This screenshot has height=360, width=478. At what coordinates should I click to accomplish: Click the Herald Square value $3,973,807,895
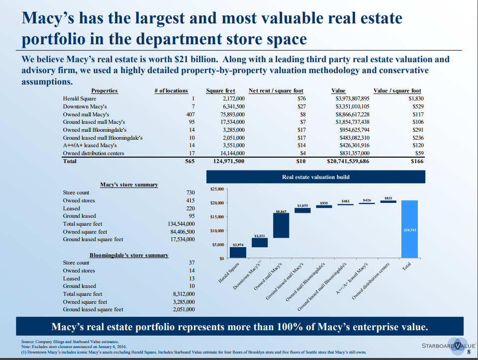pyautogui.click(x=353, y=98)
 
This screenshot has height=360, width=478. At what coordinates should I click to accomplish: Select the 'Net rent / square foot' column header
pyautogui.click(x=276, y=90)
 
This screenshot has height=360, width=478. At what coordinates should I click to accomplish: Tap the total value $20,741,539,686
pyautogui.click(x=348, y=162)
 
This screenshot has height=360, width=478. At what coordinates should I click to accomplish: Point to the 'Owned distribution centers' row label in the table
pyautogui.click(x=94, y=153)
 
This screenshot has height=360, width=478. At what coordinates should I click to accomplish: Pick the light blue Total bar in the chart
pyautogui.click(x=411, y=229)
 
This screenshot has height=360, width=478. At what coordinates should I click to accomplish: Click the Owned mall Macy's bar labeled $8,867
pyautogui.click(x=281, y=226)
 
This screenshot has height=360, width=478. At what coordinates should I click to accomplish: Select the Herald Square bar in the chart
pyautogui.click(x=238, y=253)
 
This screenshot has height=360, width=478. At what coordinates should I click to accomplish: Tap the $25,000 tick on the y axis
pyautogui.click(x=218, y=189)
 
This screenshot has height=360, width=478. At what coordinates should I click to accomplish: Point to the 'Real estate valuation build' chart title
pyautogui.click(x=315, y=177)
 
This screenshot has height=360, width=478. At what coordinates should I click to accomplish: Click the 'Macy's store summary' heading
pyautogui.click(x=129, y=185)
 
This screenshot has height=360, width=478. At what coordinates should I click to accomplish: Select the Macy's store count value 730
pyautogui.click(x=190, y=192)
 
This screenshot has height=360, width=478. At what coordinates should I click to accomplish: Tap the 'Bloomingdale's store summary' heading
pyautogui.click(x=129, y=255)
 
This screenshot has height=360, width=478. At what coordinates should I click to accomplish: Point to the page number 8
pyautogui.click(x=469, y=353)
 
